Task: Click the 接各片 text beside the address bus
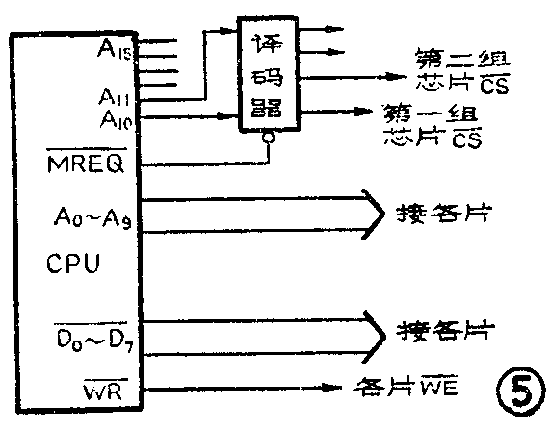click(x=444, y=213)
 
